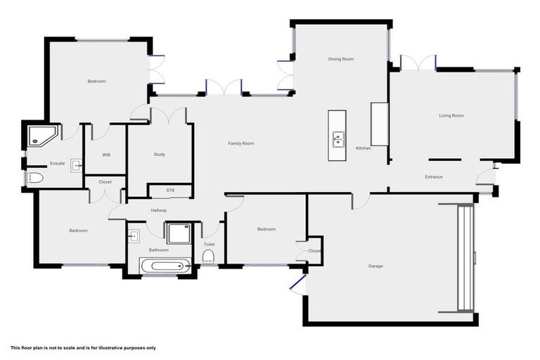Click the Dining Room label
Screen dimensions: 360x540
coord(340,59)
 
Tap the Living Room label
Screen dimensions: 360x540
coord(451,115)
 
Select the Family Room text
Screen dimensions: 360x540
coord(240,143)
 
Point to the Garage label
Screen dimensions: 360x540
coord(375,266)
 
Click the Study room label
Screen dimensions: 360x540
coord(160,154)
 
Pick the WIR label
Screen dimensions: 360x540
coord(106,154)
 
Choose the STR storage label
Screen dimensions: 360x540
coord(170,191)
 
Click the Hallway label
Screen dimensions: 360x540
coord(158,210)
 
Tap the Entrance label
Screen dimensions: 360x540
coord(434,176)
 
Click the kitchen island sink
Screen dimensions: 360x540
coord(337,139)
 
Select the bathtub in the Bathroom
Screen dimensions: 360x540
coord(162,266)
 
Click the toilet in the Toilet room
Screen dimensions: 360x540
coord(208,259)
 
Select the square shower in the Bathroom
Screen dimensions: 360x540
coord(179,233)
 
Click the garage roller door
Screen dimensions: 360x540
coord(465,258)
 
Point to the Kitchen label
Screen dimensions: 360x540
coord(363,148)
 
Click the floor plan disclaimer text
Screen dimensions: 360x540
coord(83,347)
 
